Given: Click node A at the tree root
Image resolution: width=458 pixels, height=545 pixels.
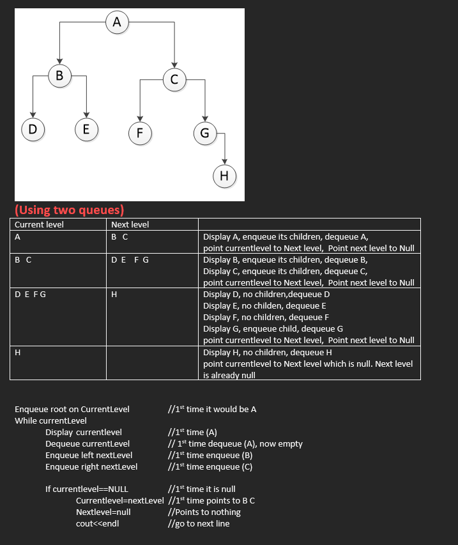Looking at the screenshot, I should click(x=116, y=22).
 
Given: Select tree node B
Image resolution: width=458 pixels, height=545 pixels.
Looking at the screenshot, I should click(x=59, y=76).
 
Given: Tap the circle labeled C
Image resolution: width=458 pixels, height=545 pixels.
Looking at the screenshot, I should click(x=174, y=79).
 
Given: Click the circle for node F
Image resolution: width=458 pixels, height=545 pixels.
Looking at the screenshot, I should click(x=139, y=133).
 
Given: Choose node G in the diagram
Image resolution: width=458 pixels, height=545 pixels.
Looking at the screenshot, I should click(x=204, y=133).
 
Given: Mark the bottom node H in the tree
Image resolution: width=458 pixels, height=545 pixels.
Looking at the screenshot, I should click(x=224, y=176).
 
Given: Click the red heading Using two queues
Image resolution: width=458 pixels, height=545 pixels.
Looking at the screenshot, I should click(x=69, y=210).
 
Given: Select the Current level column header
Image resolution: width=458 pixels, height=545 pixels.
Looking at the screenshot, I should click(x=39, y=224).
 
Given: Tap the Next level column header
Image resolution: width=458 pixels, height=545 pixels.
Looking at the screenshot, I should click(x=130, y=224).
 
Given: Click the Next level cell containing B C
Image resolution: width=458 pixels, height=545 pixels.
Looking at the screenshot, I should click(x=119, y=236).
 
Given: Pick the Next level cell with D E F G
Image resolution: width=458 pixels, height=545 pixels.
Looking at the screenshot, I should click(x=130, y=260).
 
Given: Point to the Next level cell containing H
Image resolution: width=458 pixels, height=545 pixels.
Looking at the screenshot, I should click(x=114, y=295).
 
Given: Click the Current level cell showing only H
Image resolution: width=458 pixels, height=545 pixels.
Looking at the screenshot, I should click(x=17, y=352).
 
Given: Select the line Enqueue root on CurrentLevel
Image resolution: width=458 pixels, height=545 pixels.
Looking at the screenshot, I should click(x=72, y=409).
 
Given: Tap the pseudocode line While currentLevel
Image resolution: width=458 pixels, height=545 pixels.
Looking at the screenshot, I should click(x=50, y=420).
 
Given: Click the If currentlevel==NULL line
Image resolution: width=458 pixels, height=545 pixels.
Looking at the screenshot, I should click(x=86, y=489).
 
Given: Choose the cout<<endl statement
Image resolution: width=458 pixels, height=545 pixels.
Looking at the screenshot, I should click(x=97, y=523).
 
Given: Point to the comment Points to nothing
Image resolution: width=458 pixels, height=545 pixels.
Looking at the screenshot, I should click(x=204, y=512).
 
